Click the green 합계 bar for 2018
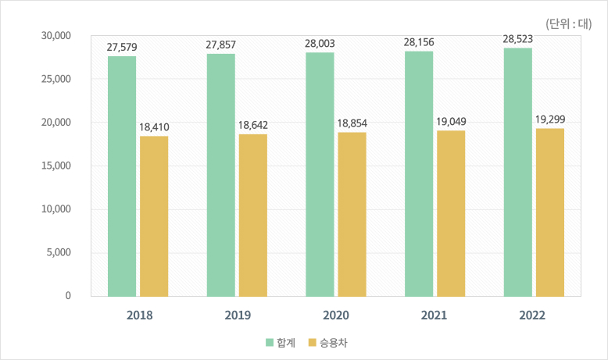[x=122, y=176]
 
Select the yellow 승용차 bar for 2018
[x=154, y=216]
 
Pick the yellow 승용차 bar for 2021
[x=451, y=213]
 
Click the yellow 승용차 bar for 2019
[x=253, y=215]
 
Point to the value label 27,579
[x=122, y=48]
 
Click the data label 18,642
[x=253, y=127]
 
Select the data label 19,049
[x=451, y=123]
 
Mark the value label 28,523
[x=517, y=40]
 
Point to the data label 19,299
[x=550, y=119]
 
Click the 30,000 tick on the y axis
[x=56, y=36]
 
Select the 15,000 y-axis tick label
[x=56, y=166]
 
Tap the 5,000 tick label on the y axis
[x=59, y=252]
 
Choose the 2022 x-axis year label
[x=533, y=316]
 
